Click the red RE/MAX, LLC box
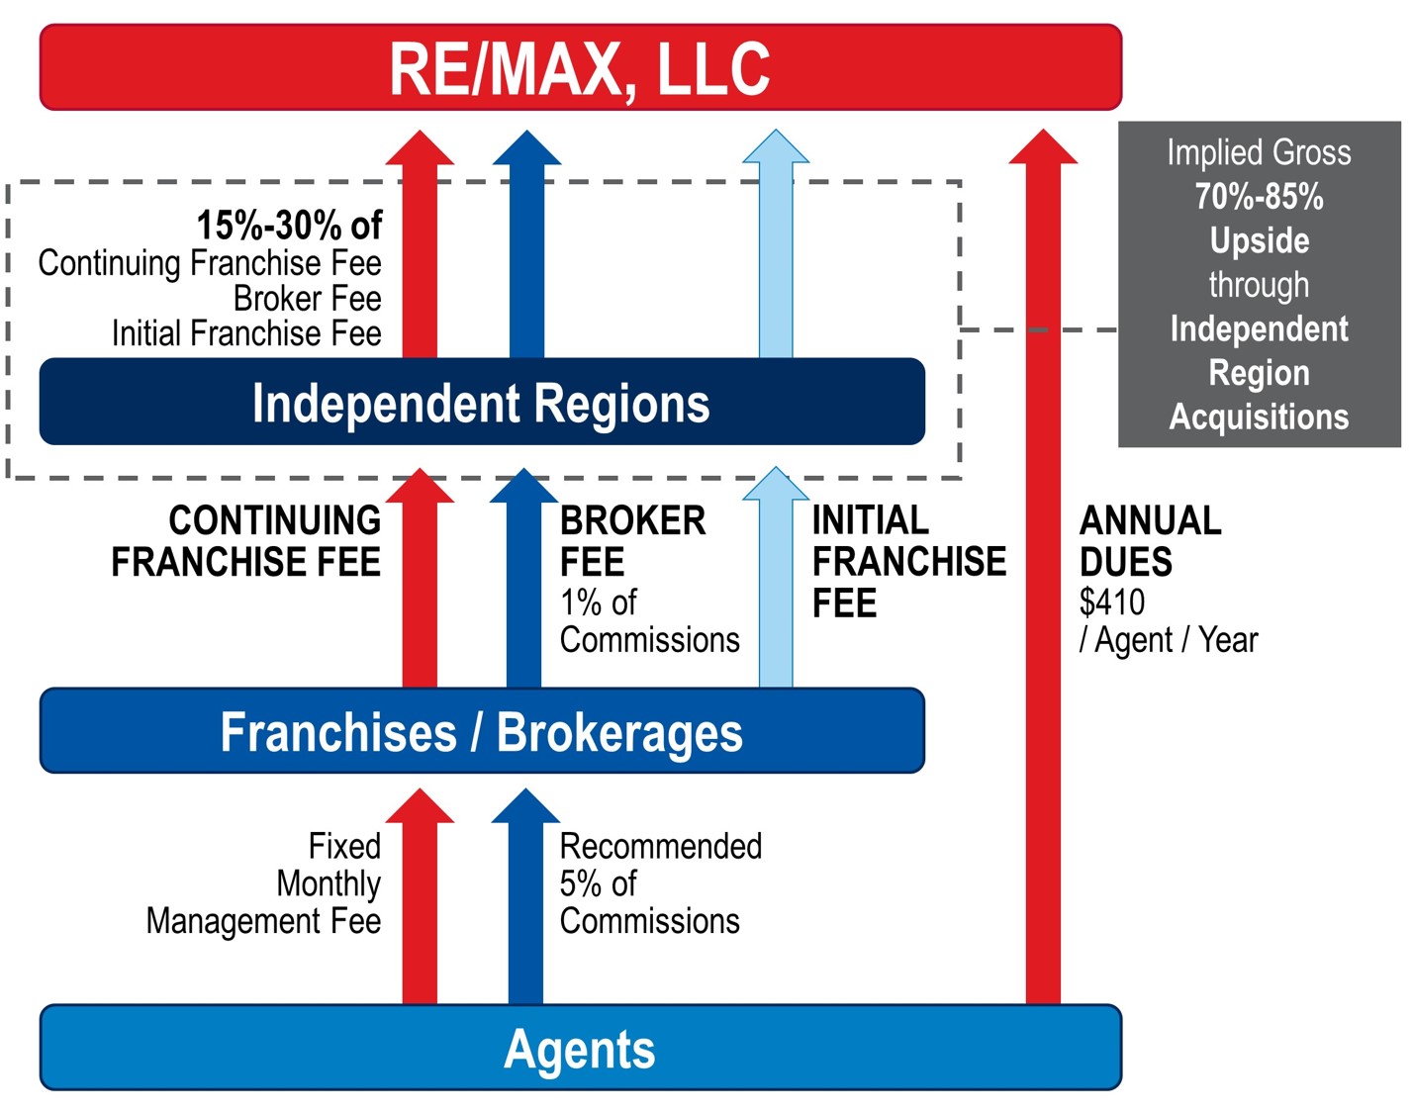(x=580, y=67)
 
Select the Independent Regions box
(x=481, y=403)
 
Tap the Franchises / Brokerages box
(x=481, y=731)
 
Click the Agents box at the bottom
(x=580, y=1049)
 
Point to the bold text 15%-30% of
(x=288, y=226)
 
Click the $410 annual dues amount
(x=1111, y=602)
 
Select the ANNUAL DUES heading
(x=1149, y=540)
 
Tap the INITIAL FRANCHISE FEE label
(x=907, y=561)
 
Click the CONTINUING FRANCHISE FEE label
(x=247, y=540)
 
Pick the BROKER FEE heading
(x=631, y=540)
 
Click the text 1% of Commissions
(x=648, y=621)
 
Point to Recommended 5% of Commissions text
(x=659, y=883)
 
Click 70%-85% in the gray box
(x=1259, y=197)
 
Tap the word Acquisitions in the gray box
(x=1259, y=417)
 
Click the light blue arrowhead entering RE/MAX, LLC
(x=776, y=148)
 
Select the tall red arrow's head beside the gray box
(x=1043, y=148)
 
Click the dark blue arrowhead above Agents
(x=525, y=808)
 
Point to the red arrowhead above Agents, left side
(x=420, y=808)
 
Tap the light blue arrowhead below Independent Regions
(x=776, y=486)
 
